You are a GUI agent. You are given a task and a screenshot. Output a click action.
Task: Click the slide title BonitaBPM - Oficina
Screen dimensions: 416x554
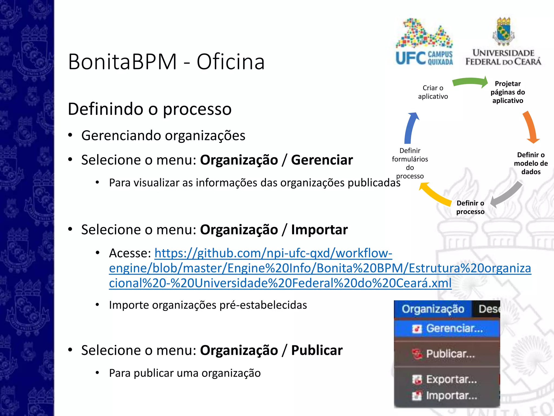pos(166,62)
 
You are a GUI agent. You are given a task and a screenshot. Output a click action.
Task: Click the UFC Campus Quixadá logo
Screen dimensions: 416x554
pos(424,42)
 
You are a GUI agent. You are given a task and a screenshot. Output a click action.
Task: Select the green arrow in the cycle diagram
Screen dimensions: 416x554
pos(470,82)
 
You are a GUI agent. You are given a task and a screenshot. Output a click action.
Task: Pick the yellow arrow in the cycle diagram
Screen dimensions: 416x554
pos(434,194)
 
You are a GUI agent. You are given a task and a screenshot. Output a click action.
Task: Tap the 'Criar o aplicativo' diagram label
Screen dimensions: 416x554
pos(433,92)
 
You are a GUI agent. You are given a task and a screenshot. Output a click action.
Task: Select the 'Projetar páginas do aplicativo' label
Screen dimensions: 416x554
pos(508,92)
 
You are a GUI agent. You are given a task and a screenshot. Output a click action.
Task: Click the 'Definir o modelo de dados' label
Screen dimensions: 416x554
pos(531,163)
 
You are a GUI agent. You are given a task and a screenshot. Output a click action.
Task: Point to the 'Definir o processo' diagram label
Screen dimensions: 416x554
pos(470,207)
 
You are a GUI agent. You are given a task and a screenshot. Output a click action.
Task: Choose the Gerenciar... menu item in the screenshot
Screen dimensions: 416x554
pos(454,329)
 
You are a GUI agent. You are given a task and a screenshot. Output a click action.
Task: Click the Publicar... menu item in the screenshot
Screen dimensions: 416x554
pos(450,354)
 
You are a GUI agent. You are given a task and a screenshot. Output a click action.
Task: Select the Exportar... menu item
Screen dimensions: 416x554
pos(451,379)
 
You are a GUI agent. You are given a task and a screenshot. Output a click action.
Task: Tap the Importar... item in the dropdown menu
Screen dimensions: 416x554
pos(451,396)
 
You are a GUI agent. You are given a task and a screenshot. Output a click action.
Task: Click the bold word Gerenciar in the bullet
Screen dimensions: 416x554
pos(322,160)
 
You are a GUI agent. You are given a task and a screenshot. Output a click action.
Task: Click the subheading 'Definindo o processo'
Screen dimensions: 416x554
pos(150,109)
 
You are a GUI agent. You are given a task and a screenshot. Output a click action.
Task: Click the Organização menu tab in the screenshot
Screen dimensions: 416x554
pos(433,309)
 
